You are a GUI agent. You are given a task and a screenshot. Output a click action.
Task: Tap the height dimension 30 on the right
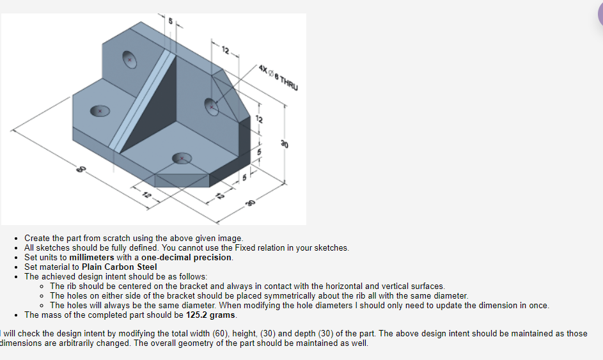[281, 145]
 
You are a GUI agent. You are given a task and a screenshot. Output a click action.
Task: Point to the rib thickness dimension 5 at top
[170, 20]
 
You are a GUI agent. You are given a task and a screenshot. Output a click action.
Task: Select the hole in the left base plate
[99, 111]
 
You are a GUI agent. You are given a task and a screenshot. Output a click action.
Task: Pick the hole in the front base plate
[182, 157]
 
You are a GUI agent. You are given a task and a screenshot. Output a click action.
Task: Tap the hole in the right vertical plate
[211, 106]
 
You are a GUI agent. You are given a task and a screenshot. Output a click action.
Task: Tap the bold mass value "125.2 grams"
[211, 315]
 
